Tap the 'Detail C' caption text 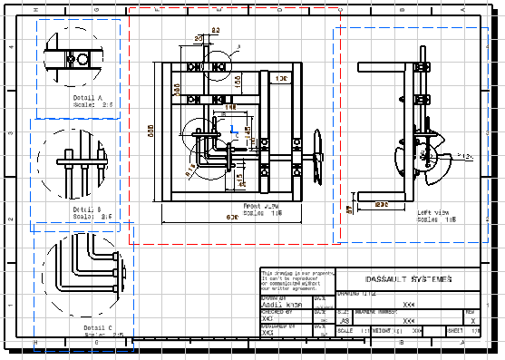pos(98,327)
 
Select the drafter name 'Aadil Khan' pos(282,304)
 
